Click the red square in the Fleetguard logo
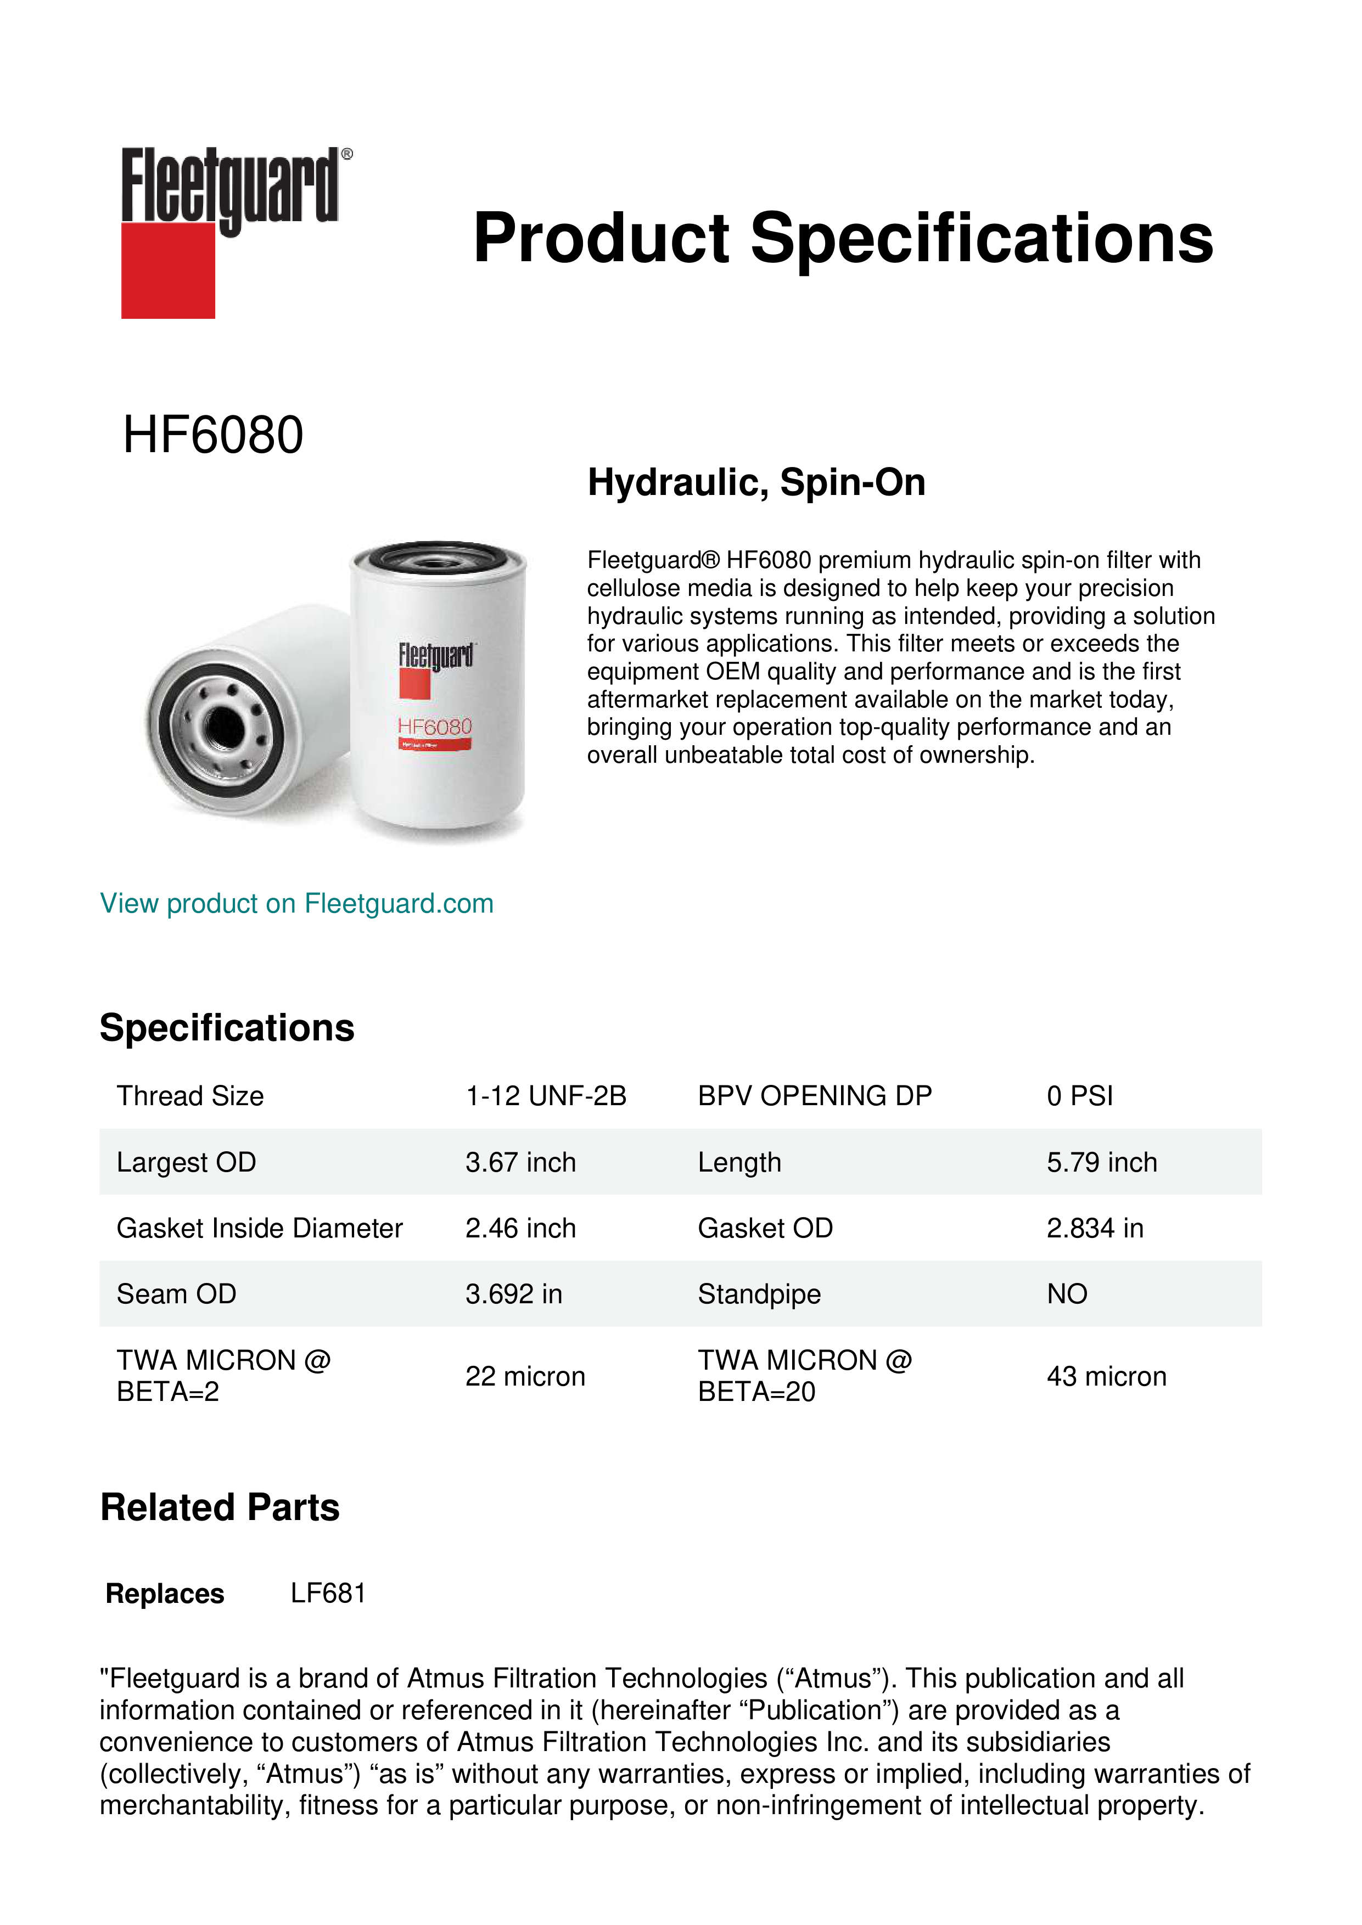coord(168,270)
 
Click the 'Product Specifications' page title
coord(843,238)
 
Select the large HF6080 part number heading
coord(213,435)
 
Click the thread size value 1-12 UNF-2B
coord(546,1096)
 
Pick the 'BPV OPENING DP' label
coord(814,1096)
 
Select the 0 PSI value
coord(1079,1096)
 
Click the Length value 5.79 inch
coord(1101,1162)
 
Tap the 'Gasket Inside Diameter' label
coord(259,1228)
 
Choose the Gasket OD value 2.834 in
coord(1095,1228)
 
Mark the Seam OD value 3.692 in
coord(513,1294)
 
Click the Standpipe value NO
coord(1067,1294)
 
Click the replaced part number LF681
coord(328,1593)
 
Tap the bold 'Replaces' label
coord(165,1593)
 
